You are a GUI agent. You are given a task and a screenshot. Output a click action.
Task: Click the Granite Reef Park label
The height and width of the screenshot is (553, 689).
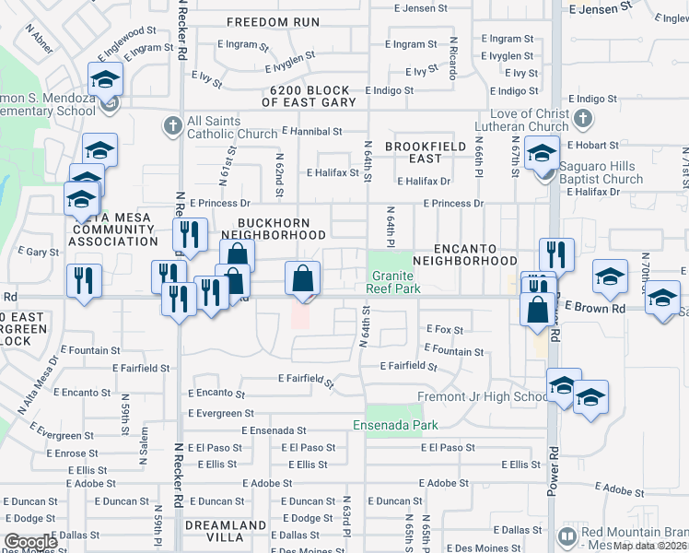coord(395,282)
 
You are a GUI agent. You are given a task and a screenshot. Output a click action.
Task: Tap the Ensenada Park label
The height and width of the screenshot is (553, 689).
coord(395,425)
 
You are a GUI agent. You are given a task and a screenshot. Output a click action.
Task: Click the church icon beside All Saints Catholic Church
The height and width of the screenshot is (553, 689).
coord(172,123)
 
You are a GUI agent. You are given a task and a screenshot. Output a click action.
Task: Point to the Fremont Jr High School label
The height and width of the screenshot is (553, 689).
coord(482,397)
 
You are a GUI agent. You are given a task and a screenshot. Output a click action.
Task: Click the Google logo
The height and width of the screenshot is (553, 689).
coord(30,542)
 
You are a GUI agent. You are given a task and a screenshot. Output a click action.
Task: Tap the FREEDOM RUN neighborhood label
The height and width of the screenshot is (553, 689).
coord(273,22)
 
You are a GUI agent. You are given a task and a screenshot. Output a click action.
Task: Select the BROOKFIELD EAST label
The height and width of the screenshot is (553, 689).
coord(420,153)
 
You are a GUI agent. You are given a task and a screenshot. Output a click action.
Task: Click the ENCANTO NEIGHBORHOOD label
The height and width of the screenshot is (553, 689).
coord(466,255)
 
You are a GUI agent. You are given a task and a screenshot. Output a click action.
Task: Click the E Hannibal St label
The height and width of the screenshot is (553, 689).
coord(316,132)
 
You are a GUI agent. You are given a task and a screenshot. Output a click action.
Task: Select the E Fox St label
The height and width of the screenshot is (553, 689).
coord(443,328)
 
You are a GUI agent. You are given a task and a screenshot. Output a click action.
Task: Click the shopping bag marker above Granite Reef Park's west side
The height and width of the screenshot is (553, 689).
coord(303,280)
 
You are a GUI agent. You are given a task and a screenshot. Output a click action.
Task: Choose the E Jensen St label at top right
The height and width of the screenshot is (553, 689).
coord(602,8)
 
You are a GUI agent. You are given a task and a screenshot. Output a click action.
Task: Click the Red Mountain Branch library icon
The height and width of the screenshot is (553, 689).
coord(568,535)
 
